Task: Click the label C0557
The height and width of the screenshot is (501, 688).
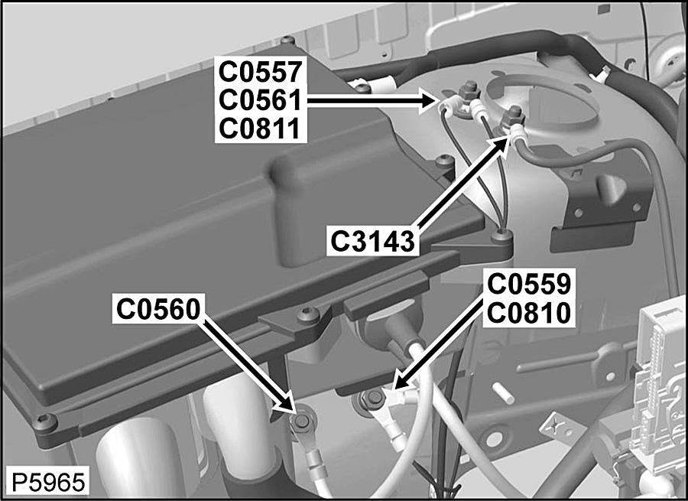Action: click(x=260, y=72)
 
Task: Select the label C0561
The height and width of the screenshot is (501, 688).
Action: click(x=260, y=100)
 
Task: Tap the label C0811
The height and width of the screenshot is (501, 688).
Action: click(x=260, y=129)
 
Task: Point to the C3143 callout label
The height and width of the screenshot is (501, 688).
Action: click(x=372, y=242)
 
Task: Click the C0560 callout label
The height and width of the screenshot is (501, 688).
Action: click(x=158, y=309)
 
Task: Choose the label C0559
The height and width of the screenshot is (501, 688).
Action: click(x=529, y=285)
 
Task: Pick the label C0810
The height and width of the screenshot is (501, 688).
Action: click(x=529, y=313)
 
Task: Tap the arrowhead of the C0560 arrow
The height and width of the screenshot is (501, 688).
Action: click(x=285, y=402)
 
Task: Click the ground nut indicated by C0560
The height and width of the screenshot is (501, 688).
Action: click(x=302, y=421)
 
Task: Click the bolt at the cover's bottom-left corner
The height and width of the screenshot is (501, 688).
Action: click(x=46, y=421)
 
